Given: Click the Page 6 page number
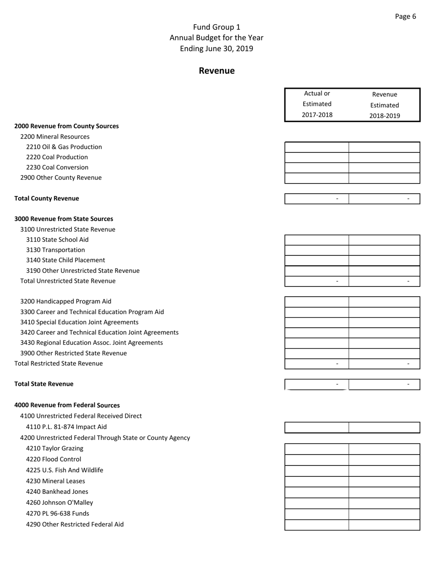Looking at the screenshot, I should tap(405, 16).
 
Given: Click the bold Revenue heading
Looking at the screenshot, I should tap(217, 71).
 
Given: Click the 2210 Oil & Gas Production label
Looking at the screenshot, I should tap(64, 147).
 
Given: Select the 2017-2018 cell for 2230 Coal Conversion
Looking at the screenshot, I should tap(317, 168).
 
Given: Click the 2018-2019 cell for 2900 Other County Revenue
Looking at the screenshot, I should tap(384, 178).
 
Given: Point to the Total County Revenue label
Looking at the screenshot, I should tap(47, 198).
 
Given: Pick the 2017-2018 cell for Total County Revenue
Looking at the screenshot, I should tap(317, 199).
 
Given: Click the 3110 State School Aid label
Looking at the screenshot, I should tap(57, 239).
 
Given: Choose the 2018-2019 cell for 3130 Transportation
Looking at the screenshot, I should tap(384, 250).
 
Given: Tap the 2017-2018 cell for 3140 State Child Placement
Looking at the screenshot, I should tap(317, 260).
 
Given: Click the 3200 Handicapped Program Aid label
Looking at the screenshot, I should tap(65, 301).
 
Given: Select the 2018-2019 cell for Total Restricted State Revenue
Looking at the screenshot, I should tap(384, 364).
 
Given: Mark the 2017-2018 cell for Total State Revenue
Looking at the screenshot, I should tap(317, 384).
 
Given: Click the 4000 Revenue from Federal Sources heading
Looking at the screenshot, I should tap(67, 405).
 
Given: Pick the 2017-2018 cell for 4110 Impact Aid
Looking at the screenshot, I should tap(317, 428).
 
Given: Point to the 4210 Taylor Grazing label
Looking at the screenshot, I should tap(54, 449).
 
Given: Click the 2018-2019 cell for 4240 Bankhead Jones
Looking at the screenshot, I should tap(384, 493).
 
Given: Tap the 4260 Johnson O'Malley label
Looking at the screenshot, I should tap(60, 503).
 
